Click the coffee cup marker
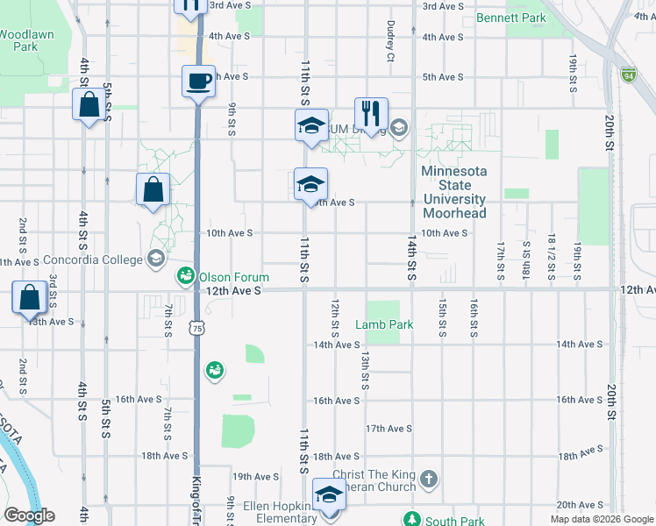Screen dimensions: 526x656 click(x=197, y=82)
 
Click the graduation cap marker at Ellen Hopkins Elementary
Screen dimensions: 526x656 click(x=329, y=496)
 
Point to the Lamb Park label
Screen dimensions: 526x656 click(x=383, y=324)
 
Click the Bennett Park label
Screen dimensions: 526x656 click(x=510, y=18)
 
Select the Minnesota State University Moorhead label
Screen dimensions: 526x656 click(x=453, y=192)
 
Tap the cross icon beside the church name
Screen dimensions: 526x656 click(x=428, y=480)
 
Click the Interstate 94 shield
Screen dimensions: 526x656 click(x=628, y=75)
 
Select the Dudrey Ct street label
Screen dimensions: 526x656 click(x=389, y=41)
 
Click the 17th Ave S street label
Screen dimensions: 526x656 click(x=389, y=429)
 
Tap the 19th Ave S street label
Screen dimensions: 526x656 click(x=255, y=477)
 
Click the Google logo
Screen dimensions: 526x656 click(x=29, y=515)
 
